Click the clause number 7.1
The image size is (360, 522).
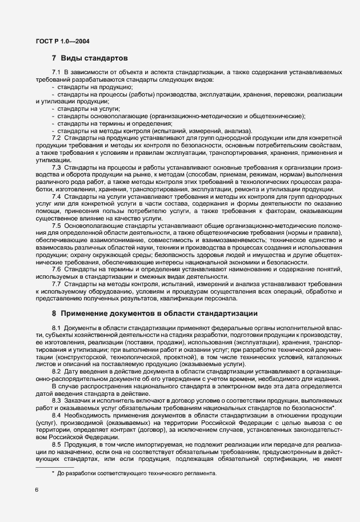click(x=57, y=73)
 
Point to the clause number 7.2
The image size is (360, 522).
click(x=57, y=138)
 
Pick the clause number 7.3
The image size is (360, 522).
click(x=57, y=167)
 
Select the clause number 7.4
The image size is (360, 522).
click(x=57, y=196)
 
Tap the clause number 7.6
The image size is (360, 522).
click(x=57, y=269)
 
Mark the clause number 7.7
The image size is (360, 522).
click(x=57, y=284)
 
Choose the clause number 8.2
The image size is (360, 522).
click(x=57, y=372)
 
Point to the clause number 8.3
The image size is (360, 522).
click(x=57, y=401)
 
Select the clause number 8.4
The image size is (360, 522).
click(x=57, y=416)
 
